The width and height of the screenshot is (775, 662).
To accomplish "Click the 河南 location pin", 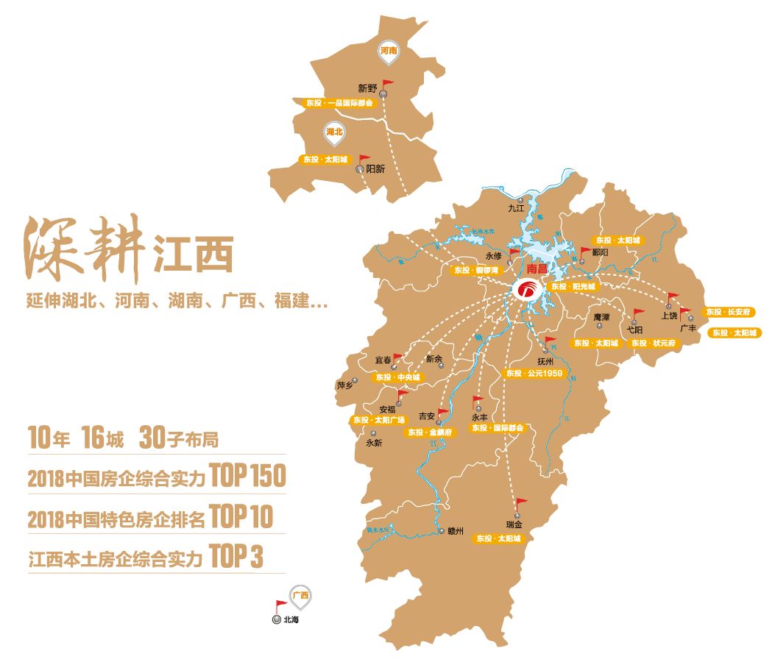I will click(389, 51).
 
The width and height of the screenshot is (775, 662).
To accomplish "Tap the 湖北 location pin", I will click(335, 132).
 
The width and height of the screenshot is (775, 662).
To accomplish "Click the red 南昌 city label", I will click(537, 270).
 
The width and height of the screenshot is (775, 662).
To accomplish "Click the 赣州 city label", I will click(456, 531).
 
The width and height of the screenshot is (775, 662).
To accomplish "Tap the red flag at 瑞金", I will click(521, 504).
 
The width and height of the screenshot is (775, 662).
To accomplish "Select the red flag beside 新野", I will click(386, 85).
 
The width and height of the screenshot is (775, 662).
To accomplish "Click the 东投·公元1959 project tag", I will click(534, 374).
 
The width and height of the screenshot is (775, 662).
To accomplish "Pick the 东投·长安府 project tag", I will click(729, 313).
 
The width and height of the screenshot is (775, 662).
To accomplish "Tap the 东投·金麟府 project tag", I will click(432, 433).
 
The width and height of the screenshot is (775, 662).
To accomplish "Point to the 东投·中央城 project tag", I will click(397, 377).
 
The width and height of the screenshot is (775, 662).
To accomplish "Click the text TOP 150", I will click(247, 477).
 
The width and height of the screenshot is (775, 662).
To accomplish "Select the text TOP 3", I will click(236, 557).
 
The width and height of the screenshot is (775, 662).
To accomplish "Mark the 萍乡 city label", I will click(345, 385).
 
